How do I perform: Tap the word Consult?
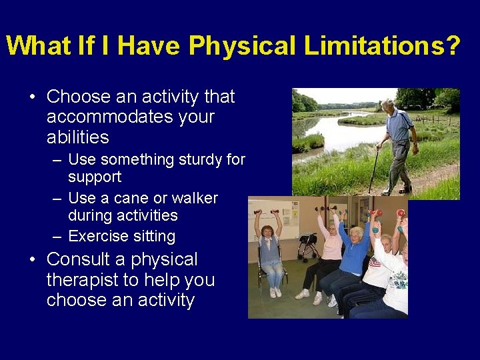pyautogui.click(x=86, y=259)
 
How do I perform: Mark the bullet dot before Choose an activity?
pyautogui.click(x=33, y=97)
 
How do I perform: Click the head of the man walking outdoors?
pyautogui.click(x=389, y=105)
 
